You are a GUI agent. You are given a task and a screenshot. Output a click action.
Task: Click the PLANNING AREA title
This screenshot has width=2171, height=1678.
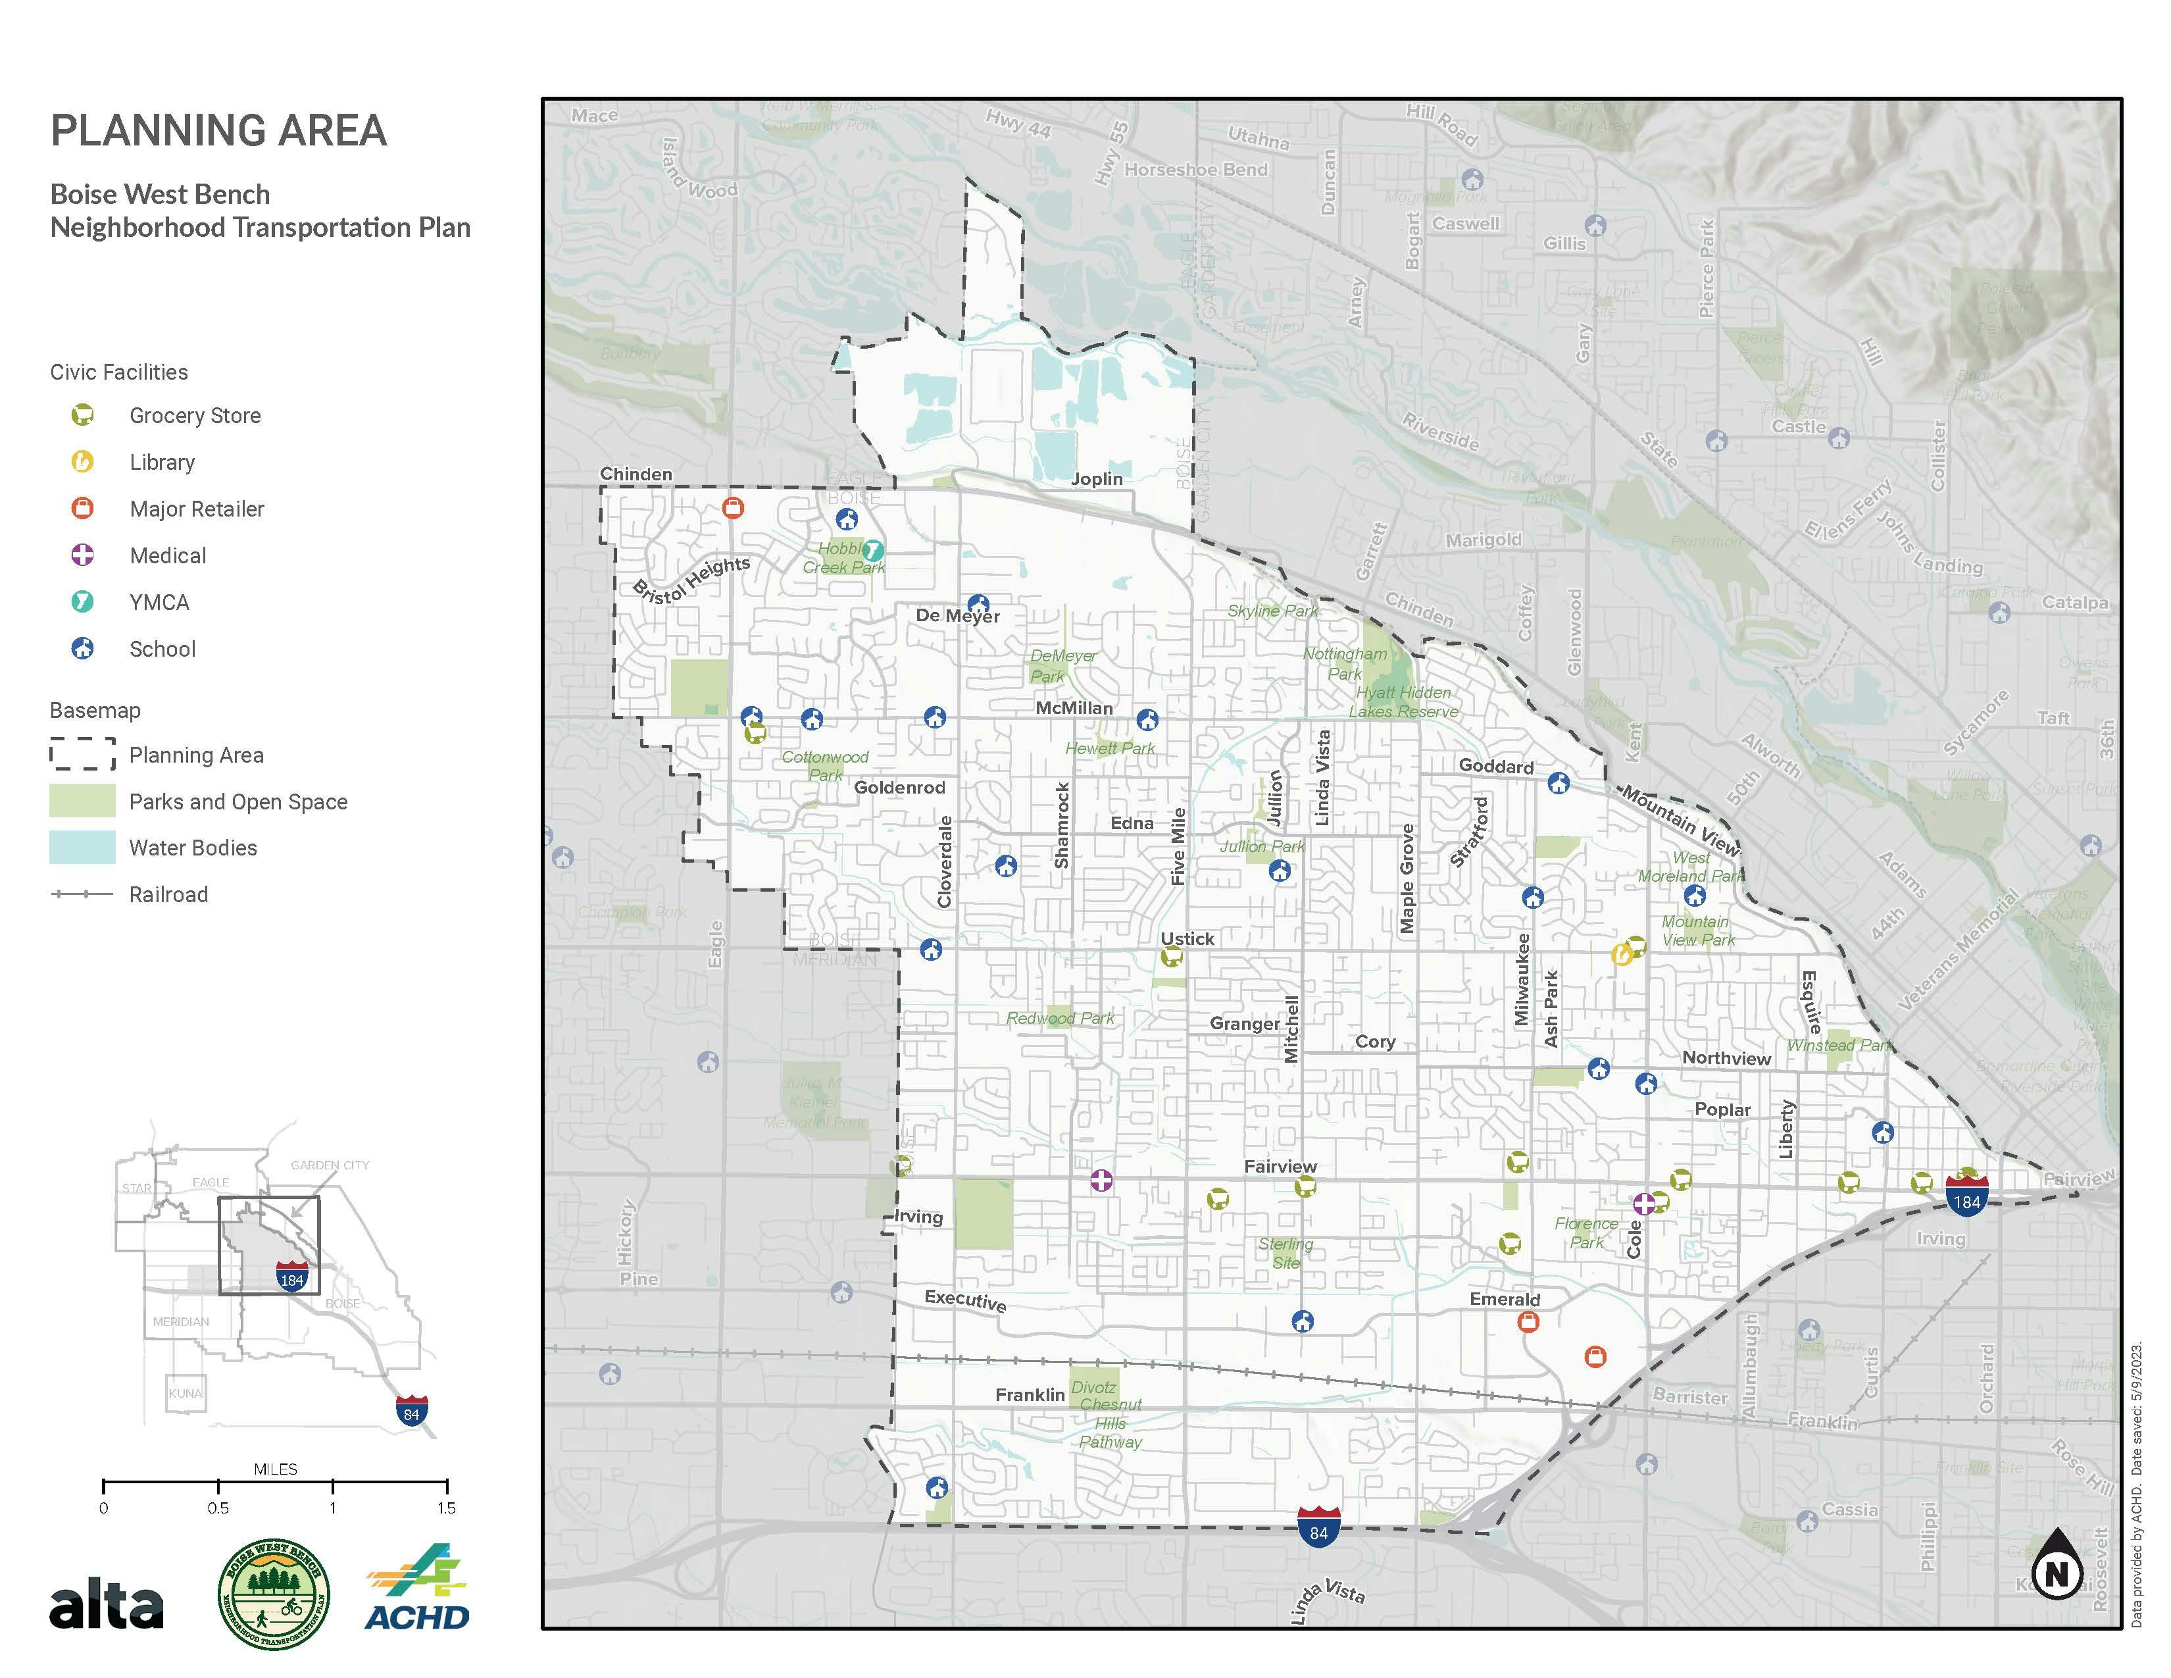point(218,131)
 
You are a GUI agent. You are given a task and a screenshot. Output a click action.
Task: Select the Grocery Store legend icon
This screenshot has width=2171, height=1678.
point(82,415)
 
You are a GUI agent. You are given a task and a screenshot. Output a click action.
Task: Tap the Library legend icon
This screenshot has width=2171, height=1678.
point(82,461)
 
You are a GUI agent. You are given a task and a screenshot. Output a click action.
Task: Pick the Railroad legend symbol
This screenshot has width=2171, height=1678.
point(82,894)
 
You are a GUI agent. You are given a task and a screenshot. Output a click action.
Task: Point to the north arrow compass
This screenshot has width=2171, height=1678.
point(2057,1565)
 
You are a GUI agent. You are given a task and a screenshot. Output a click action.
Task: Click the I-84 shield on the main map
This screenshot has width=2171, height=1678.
point(1318,1528)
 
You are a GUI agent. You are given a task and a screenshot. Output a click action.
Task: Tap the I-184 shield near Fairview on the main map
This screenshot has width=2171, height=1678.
point(1966,1196)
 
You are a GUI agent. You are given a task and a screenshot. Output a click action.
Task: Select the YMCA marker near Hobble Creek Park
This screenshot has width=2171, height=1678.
point(873,549)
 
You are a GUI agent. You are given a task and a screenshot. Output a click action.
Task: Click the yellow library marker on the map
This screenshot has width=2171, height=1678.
point(1621,954)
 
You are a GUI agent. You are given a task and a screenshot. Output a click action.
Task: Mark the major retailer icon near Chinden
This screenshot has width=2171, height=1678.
point(733,508)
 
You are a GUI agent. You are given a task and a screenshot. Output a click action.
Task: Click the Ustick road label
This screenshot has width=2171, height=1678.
point(1188,938)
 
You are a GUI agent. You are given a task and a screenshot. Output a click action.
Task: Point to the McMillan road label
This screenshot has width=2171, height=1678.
point(1074,708)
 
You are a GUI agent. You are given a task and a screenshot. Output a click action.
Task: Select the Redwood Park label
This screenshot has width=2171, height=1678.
point(1060,1018)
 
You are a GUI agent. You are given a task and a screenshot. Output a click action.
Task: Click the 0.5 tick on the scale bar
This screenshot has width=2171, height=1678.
point(218,1486)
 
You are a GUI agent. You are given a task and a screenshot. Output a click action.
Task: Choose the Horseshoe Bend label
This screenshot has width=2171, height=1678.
point(1196,170)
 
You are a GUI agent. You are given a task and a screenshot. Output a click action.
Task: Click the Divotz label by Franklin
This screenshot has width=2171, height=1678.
point(1093,1386)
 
